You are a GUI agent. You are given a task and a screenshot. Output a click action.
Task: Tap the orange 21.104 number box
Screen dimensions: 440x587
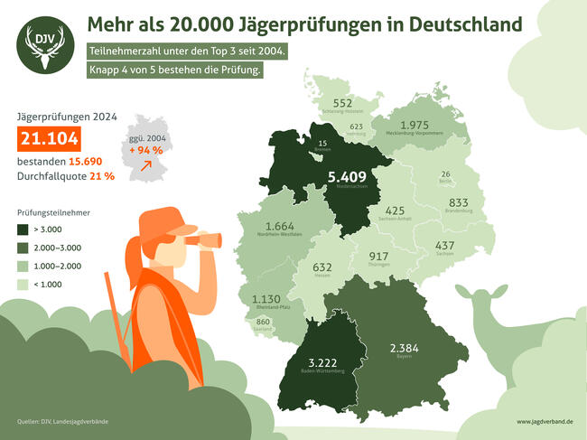[50, 139]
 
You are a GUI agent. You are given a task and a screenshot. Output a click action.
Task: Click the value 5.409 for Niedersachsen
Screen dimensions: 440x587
[347, 176]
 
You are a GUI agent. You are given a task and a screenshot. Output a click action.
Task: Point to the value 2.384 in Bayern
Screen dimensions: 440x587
[404, 348]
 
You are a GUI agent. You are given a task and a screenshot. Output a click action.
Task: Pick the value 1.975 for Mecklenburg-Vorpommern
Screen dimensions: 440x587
[421, 125]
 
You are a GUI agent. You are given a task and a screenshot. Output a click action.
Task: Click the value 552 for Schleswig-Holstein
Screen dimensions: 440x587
[342, 103]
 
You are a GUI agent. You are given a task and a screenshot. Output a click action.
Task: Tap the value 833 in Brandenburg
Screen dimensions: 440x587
[459, 202]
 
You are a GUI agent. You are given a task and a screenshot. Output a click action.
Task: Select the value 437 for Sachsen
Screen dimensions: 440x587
[445, 246]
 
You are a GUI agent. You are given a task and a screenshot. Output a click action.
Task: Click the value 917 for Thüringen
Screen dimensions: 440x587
[379, 256]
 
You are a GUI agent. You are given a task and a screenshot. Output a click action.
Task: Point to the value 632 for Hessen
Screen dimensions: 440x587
[322, 267]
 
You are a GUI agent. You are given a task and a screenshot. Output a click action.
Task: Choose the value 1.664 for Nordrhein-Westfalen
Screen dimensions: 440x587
[280, 226]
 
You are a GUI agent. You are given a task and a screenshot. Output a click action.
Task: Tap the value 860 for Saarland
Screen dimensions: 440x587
[264, 323]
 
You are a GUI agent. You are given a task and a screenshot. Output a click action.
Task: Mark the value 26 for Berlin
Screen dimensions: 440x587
[445, 173]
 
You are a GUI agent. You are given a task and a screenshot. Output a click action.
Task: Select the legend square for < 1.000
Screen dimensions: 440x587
[24, 285]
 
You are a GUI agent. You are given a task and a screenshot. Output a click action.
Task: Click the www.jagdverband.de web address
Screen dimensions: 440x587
[545, 422]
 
